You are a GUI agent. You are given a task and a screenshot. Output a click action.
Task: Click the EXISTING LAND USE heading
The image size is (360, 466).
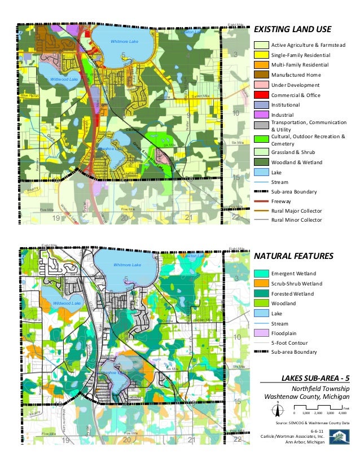[292, 30]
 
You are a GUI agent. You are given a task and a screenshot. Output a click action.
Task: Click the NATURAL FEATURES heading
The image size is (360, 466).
[294, 256]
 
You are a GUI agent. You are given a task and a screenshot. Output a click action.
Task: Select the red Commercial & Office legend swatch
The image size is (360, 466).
[261, 95]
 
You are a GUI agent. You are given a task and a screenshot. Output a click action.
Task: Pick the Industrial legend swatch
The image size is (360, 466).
[261, 115]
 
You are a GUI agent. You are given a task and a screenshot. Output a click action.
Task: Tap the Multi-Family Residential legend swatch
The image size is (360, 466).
[261, 65]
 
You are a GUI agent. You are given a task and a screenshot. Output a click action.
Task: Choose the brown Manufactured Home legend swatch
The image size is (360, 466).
[261, 75]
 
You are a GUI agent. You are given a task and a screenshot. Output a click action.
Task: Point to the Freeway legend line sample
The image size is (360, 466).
[261, 200]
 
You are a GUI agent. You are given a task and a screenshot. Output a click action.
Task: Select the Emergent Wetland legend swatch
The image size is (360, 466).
[261, 273]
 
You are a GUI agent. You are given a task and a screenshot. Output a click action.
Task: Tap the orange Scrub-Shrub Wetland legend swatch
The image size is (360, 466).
[261, 283]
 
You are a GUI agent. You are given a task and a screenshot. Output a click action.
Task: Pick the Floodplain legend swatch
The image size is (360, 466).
[261, 333]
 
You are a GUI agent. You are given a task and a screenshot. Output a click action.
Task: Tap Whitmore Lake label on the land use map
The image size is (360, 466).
[124, 42]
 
